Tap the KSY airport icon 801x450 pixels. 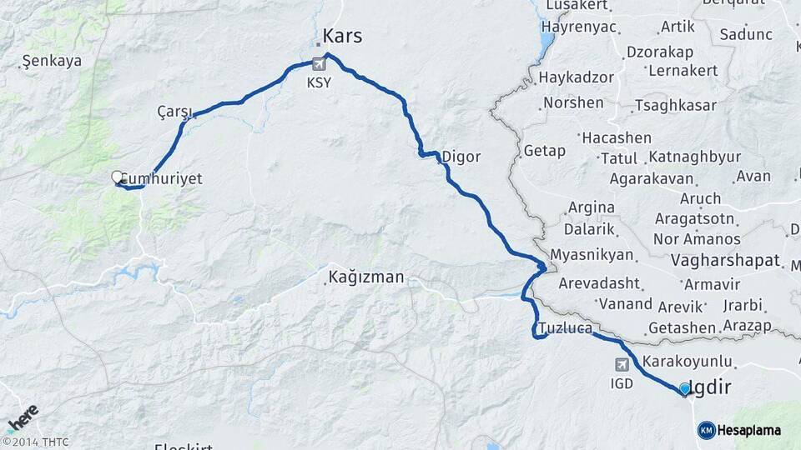pos(318,63)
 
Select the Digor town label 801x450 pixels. pos(461,156)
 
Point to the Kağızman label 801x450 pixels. pos(366,277)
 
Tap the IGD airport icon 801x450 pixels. pos(622,364)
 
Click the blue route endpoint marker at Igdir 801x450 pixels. pos(685,388)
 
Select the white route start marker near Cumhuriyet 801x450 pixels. pos(118,177)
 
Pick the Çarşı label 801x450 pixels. pos(174,112)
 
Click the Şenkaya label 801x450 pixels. pos(52,61)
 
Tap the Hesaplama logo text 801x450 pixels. pos(748,430)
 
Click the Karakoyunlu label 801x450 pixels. pos(692,362)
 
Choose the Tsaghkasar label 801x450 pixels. pos(675,105)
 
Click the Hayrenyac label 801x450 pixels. pos(578,27)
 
